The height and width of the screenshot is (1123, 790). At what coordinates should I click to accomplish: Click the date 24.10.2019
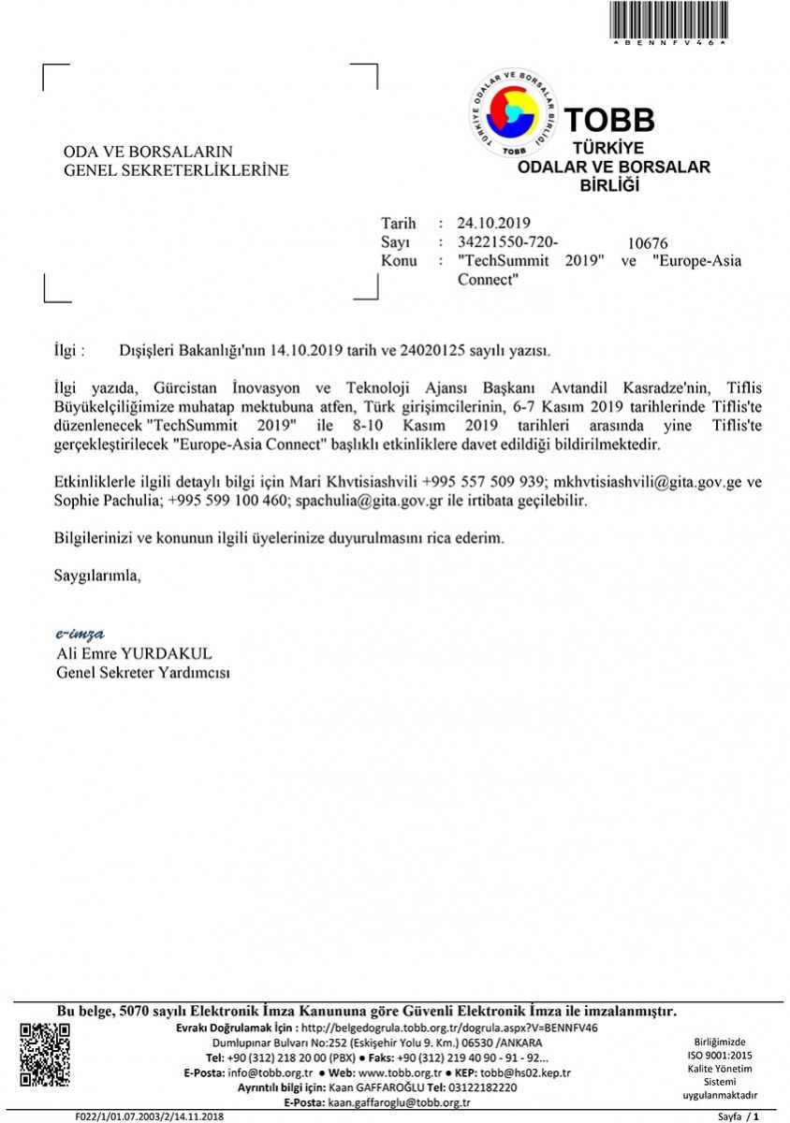[x=494, y=223]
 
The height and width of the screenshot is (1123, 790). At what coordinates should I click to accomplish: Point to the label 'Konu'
[x=399, y=260]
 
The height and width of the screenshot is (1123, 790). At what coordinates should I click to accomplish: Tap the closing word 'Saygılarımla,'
[x=97, y=575]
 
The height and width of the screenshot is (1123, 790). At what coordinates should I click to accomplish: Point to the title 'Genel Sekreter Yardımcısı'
[x=143, y=673]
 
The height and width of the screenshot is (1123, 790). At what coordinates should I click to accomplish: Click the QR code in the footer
[x=45, y=1055]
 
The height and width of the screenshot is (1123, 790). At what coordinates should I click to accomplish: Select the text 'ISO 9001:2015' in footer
[x=720, y=1055]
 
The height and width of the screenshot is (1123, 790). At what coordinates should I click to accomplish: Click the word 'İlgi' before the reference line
[x=67, y=351]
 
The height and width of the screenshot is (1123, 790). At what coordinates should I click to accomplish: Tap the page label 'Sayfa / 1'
[x=738, y=1116]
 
